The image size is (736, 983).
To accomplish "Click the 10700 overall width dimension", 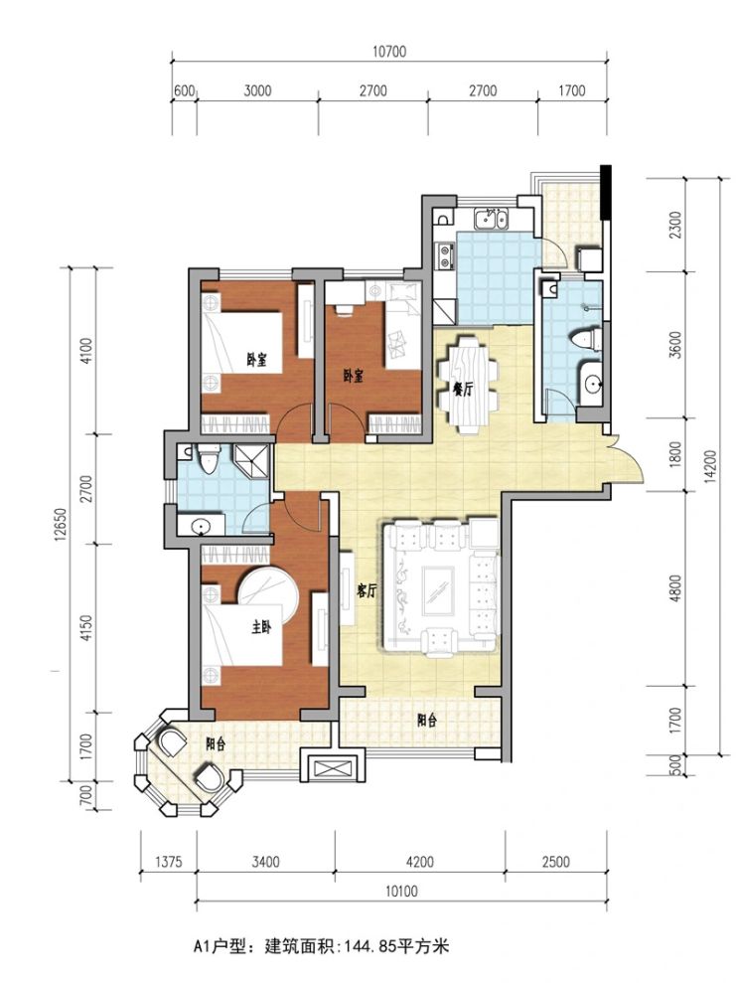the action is [389, 52].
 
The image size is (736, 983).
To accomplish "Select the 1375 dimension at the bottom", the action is [168, 862].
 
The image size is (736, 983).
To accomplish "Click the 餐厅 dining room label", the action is [463, 390].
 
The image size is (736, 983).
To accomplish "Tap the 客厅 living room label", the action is [367, 590].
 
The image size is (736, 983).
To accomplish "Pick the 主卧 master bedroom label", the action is [261, 627].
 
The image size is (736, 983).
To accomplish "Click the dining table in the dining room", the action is [468, 384].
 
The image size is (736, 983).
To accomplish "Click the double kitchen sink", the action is [491, 220].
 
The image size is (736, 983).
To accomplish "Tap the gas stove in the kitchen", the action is [445, 255].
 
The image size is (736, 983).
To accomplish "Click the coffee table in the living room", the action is [438, 591].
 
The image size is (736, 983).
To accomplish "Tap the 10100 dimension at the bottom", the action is [401, 891].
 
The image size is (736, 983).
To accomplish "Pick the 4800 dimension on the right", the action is [674, 588].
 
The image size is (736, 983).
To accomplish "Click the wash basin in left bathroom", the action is [201, 526].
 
